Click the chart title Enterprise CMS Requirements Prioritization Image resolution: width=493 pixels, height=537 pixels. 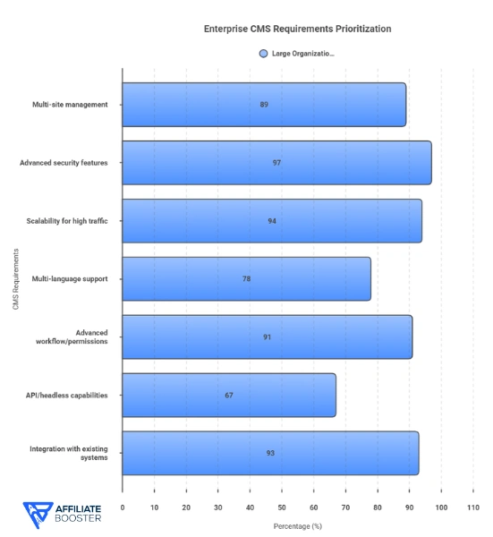click(297, 29)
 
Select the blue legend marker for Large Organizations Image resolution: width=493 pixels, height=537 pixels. click(263, 54)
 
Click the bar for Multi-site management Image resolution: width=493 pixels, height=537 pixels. click(264, 105)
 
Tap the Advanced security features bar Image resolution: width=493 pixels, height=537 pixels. click(276, 163)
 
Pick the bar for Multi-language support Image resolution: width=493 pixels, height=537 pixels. click(246, 278)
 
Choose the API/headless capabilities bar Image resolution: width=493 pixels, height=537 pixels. click(229, 395)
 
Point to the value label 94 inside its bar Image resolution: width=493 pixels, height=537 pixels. click(272, 221)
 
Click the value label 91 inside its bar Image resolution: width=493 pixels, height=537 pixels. click(268, 337)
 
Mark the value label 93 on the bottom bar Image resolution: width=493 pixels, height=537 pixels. click(270, 453)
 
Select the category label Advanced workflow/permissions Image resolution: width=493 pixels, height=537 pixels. click(80, 337)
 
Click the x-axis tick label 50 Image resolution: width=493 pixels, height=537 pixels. click(282, 507)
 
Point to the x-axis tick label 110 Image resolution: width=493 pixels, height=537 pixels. click(472, 507)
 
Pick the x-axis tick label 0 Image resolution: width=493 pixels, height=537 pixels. click(123, 507)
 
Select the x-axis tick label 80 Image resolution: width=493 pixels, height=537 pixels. click(377, 507)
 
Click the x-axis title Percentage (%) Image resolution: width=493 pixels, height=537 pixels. click(297, 525)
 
